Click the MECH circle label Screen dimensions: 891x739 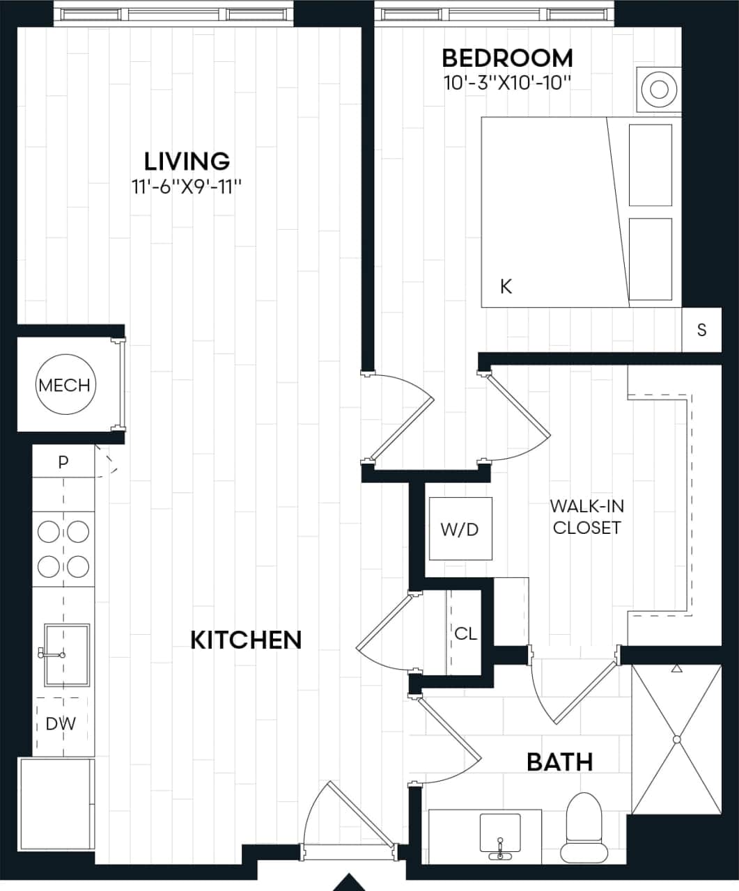pos(65,385)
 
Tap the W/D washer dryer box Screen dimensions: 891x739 pos(460,529)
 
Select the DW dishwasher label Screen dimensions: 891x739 pos(61,723)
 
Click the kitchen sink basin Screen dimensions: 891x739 pos(67,654)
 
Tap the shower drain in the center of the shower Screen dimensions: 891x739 pos(676,739)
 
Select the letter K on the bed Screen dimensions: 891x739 pos(506,286)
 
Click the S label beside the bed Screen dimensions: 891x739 pos(701,330)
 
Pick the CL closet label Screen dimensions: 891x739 pos(465,633)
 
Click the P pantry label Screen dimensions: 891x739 pos(63,462)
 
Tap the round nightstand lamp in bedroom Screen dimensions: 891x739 pos(659,88)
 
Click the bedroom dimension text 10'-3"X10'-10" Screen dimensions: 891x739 pos(507,84)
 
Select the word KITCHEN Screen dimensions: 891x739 pos(246,640)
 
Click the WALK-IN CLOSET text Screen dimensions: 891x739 pos(586,517)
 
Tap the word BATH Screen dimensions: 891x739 pos(559,762)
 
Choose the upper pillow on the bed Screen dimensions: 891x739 pos(650,165)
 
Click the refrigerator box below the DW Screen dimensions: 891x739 pos(56,804)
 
